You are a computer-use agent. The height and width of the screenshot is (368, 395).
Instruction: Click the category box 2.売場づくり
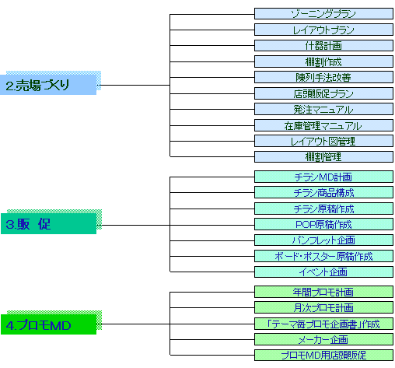tap(48, 85)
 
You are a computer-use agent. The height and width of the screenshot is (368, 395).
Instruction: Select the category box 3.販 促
tap(49, 223)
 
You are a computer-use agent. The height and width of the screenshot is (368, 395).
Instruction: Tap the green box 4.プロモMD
tap(49, 324)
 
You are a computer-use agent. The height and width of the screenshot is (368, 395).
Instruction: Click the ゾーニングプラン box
tap(323, 14)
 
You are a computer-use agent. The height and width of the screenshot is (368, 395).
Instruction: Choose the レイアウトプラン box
tap(323, 30)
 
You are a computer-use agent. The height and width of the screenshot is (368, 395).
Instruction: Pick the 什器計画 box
tap(323, 46)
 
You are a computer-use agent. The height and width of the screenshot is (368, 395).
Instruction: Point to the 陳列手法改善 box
tap(323, 77)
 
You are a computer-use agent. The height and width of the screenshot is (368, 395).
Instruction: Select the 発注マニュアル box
tap(323, 109)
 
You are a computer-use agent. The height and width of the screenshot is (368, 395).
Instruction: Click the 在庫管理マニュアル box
tap(323, 125)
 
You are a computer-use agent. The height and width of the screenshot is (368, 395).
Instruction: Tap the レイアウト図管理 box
tap(323, 141)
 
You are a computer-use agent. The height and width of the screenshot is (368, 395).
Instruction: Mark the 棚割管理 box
tap(323, 157)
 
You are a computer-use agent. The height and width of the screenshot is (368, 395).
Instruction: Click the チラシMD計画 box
tap(323, 177)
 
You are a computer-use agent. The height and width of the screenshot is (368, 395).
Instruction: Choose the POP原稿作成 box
tap(323, 224)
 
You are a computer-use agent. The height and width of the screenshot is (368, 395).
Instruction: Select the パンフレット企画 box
tap(323, 240)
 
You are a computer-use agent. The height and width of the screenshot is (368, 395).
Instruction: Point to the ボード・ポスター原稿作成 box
tap(323, 256)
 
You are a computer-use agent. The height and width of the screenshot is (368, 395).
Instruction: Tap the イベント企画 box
tap(323, 272)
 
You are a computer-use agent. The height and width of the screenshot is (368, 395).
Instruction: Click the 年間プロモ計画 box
tap(323, 292)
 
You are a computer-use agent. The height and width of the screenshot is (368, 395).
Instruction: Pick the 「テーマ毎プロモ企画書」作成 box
tap(323, 324)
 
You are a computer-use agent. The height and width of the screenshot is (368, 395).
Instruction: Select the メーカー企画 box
tap(323, 339)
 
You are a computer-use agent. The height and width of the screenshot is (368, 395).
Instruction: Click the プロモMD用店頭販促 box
tap(323, 356)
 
